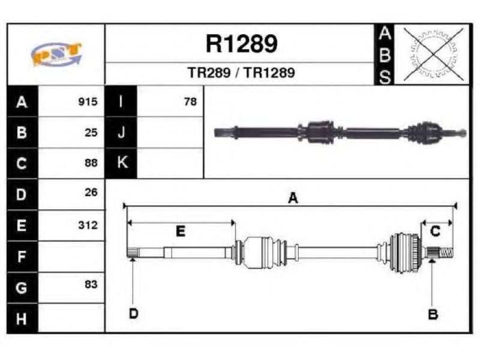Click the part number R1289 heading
click(242, 44)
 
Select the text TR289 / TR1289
click(241, 73)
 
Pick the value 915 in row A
click(88, 101)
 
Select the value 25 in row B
click(91, 133)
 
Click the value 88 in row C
click(91, 163)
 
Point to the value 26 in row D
click(91, 193)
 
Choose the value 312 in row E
click(88, 226)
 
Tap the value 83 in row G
click(91, 284)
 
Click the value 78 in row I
click(190, 101)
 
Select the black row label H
click(22, 319)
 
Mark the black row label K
click(121, 163)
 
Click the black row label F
click(22, 257)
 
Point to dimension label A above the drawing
click(293, 198)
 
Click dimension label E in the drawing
click(181, 231)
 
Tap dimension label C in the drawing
click(435, 231)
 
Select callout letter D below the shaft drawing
click(133, 314)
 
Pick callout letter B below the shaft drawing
click(433, 314)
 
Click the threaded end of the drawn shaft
click(446, 253)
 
